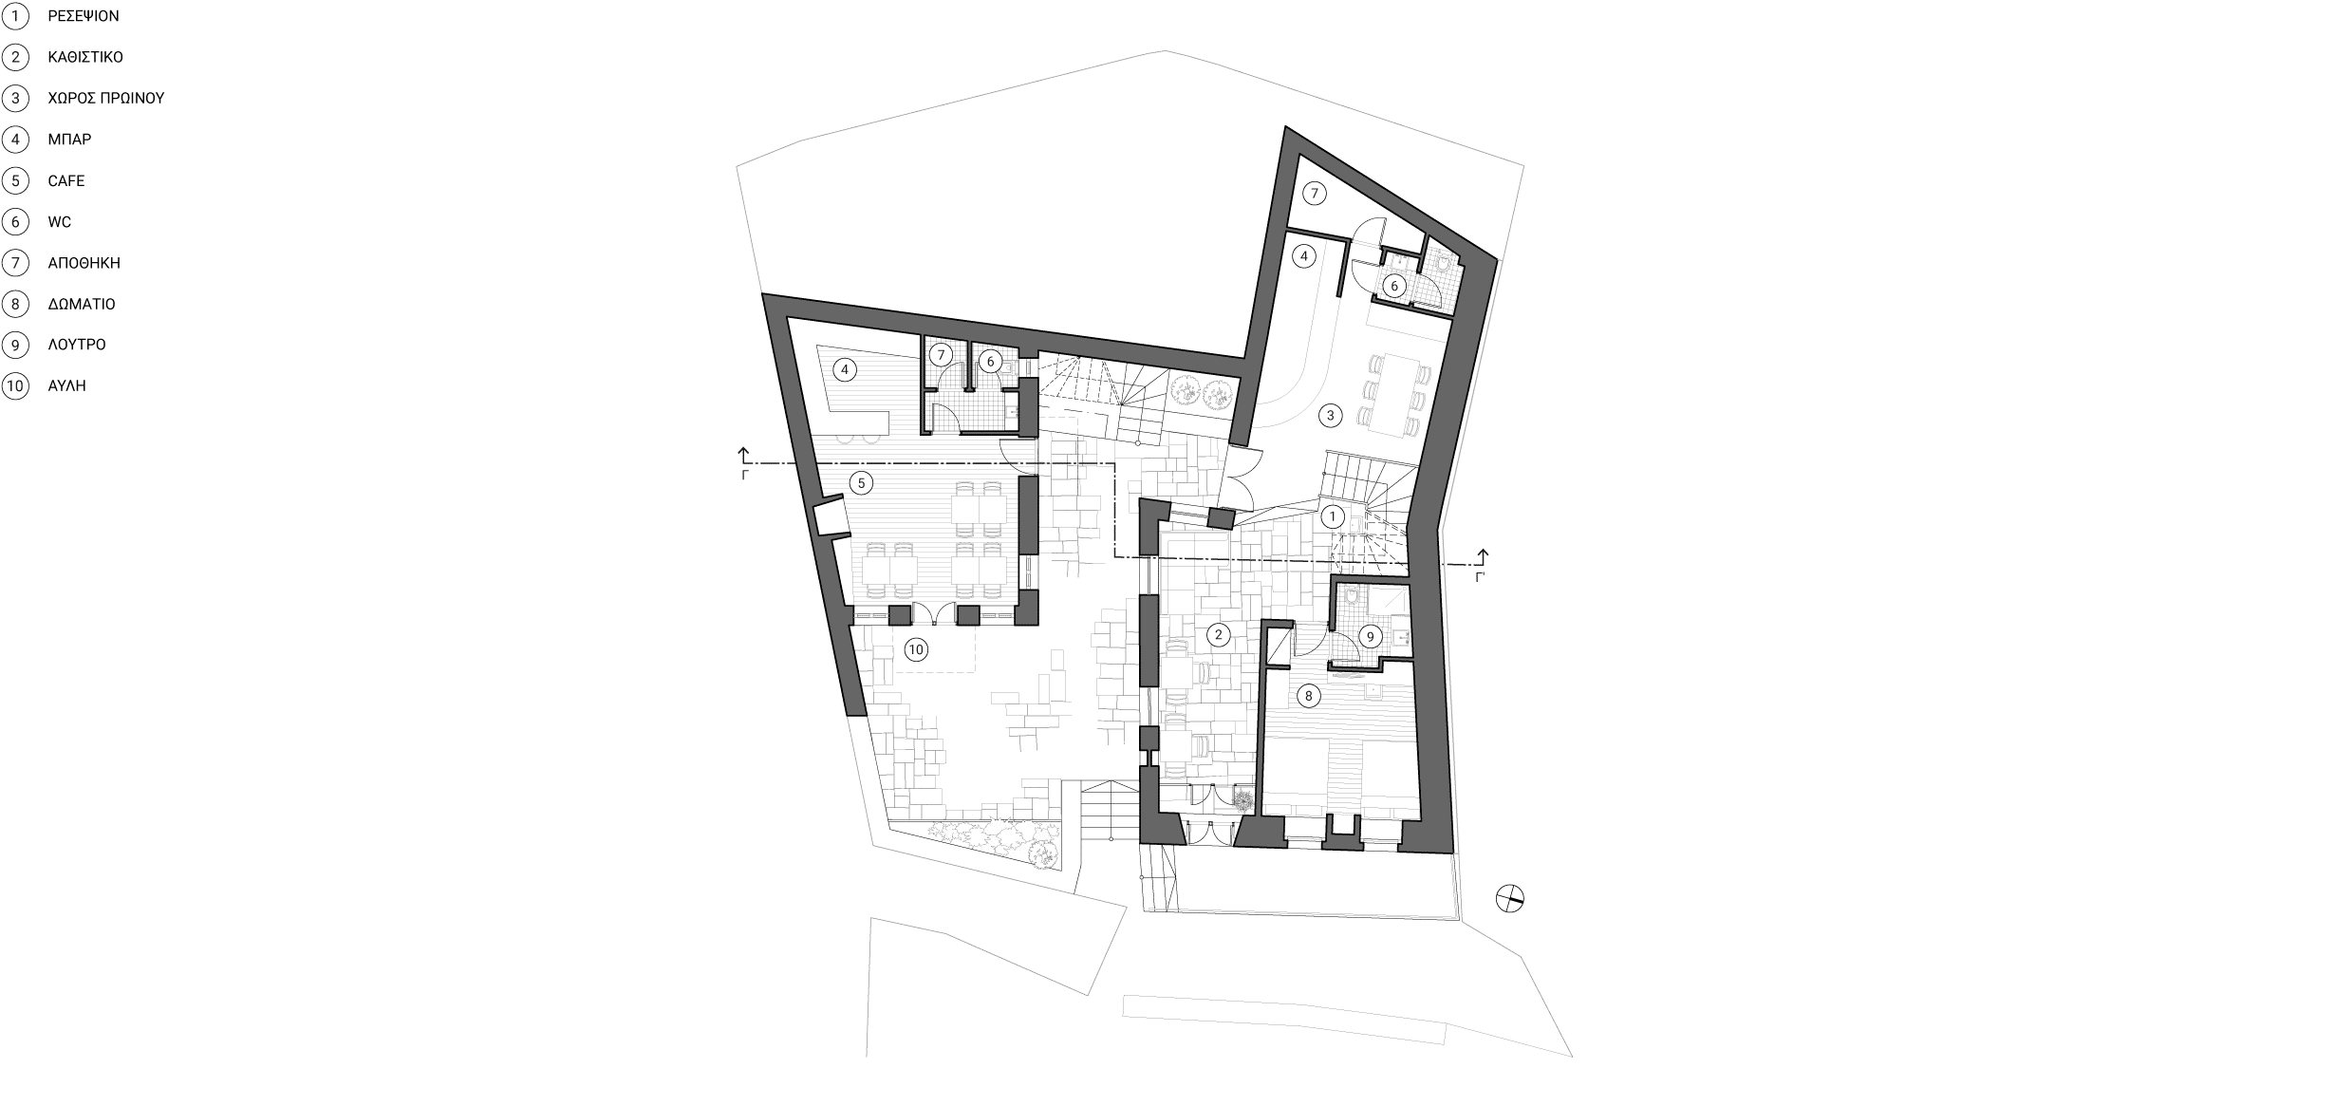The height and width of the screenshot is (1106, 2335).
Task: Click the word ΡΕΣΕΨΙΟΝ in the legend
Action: tap(84, 16)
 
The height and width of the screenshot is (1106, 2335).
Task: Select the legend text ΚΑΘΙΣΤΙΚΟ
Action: tap(85, 57)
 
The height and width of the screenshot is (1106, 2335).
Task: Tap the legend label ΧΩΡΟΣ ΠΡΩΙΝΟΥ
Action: tap(106, 98)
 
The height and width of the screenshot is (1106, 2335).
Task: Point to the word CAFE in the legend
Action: tap(66, 180)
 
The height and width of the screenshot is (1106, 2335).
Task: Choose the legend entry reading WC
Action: tap(60, 222)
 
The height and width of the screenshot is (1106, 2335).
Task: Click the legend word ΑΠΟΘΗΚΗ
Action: tap(84, 263)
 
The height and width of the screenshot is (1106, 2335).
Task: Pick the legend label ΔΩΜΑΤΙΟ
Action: tap(82, 304)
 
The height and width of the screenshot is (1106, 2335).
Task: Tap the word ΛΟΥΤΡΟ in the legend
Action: tap(77, 345)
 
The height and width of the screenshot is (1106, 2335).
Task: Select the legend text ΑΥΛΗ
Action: tap(67, 386)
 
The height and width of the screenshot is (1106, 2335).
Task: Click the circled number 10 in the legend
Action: tap(15, 386)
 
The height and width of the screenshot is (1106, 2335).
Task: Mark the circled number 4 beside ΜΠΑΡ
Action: tap(15, 140)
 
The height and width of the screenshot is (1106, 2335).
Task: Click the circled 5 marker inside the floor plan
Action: tap(861, 483)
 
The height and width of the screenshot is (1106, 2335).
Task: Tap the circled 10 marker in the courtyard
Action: tap(915, 649)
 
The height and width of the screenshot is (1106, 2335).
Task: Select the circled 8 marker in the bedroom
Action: tap(1308, 696)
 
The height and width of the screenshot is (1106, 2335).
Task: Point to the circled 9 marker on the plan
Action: tap(1370, 637)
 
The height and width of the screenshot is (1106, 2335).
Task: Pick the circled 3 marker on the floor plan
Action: tap(1331, 415)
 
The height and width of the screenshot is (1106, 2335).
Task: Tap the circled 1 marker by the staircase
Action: tap(1333, 516)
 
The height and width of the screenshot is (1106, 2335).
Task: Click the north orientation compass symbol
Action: tap(1509, 898)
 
